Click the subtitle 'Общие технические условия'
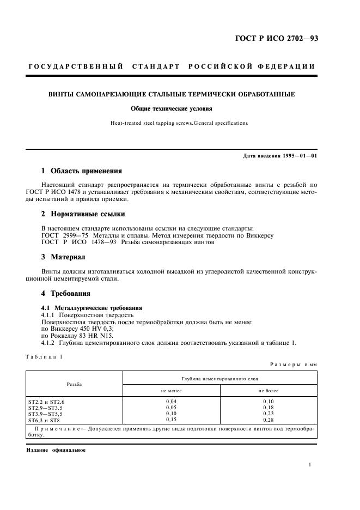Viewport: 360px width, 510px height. click(x=179, y=108)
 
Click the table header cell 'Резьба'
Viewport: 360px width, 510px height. click(x=74, y=384)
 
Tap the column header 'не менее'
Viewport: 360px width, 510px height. click(x=171, y=391)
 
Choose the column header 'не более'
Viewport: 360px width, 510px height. click(x=268, y=391)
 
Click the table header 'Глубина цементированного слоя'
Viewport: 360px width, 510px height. click(x=219, y=378)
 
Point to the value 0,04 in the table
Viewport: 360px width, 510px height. click(x=171, y=400)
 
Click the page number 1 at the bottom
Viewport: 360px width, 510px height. click(x=309, y=465)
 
